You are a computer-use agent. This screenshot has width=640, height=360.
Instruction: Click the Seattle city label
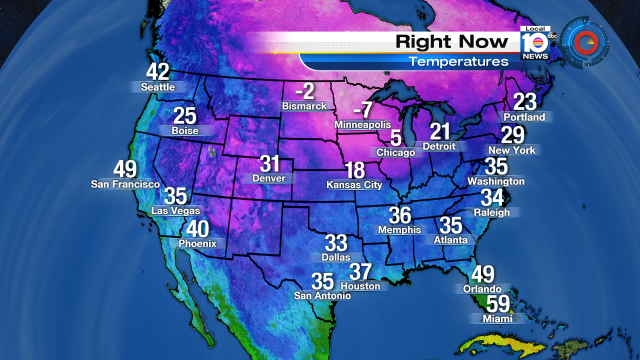click(157, 87)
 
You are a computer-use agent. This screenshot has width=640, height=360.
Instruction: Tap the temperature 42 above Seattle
click(158, 72)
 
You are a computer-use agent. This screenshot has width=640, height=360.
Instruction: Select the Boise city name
click(184, 130)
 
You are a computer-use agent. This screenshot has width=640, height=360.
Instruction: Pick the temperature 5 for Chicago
click(396, 137)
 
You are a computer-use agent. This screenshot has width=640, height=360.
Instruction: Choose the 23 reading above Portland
click(526, 101)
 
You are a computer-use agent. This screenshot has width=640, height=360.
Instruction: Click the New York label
click(513, 150)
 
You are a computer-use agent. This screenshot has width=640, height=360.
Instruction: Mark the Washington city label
click(496, 181)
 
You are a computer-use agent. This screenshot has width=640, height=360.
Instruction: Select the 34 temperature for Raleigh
click(494, 198)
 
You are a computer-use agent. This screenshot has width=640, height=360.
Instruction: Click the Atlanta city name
click(450, 240)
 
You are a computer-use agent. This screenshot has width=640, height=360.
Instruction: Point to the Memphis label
click(400, 230)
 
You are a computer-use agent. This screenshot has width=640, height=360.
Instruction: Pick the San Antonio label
click(321, 296)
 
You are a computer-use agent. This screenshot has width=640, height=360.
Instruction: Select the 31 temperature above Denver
click(270, 164)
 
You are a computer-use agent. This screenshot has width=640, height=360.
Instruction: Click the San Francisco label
click(125, 184)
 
